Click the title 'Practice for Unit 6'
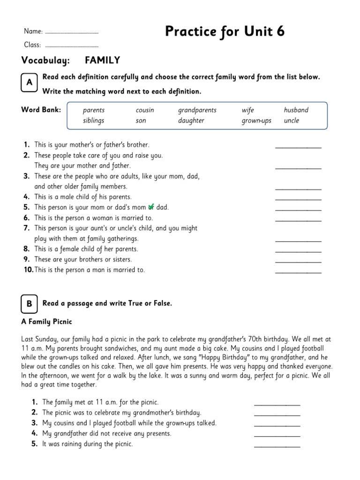(x=225, y=32)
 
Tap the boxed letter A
(x=29, y=82)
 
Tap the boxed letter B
(x=29, y=304)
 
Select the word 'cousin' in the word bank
(x=144, y=110)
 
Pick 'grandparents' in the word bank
(x=197, y=110)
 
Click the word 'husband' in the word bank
(x=296, y=110)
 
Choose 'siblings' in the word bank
(x=93, y=120)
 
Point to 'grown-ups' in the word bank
(x=256, y=120)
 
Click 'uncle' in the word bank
(x=291, y=120)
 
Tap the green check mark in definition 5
(x=151, y=207)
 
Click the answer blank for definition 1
(x=298, y=147)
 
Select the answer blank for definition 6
(x=298, y=220)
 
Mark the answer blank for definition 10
(x=298, y=272)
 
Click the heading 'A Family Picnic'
(x=46, y=322)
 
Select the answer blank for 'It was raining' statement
(x=277, y=446)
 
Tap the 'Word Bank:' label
(x=41, y=110)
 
